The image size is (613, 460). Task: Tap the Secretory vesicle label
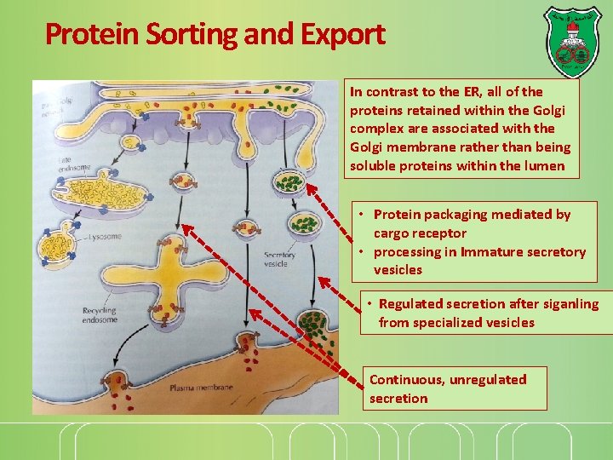tap(279, 260)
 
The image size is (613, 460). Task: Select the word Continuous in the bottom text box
tap(404, 380)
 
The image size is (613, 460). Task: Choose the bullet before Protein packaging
tap(362, 215)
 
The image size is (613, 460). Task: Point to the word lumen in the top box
tap(545, 166)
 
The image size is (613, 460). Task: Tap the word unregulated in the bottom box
tap(488, 380)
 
